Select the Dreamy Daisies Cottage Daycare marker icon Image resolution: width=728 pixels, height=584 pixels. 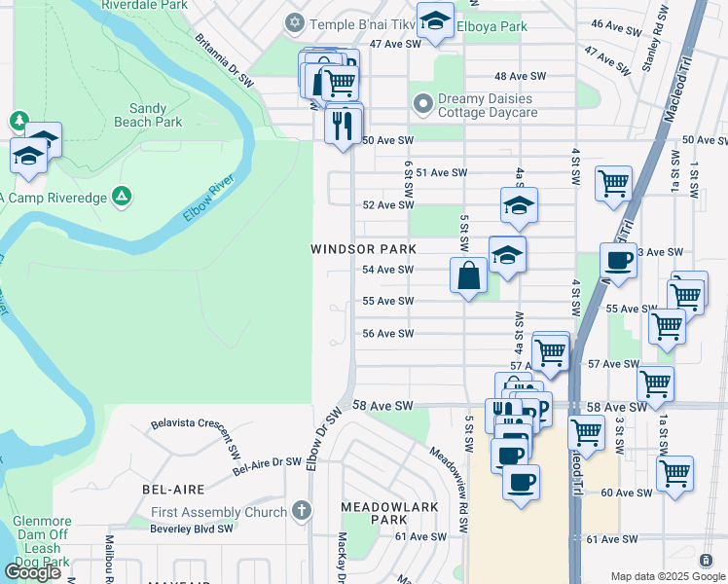tap(423, 102)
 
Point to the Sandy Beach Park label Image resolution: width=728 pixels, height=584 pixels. tap(156, 116)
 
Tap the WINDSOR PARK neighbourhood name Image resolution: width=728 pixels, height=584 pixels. tap(356, 249)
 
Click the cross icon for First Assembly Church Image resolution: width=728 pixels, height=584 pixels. tap(302, 511)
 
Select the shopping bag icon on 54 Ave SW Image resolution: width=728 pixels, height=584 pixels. tap(468, 274)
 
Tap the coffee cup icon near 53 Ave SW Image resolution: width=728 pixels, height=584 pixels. tap(618, 260)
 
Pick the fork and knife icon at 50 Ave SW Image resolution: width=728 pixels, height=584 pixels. tap(343, 125)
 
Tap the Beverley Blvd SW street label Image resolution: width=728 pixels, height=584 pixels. tap(192, 529)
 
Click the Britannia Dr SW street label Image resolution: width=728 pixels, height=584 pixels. tap(225, 61)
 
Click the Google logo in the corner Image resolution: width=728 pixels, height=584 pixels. tap(32, 572)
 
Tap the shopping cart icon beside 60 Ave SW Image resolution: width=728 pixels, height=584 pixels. tap(674, 474)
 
